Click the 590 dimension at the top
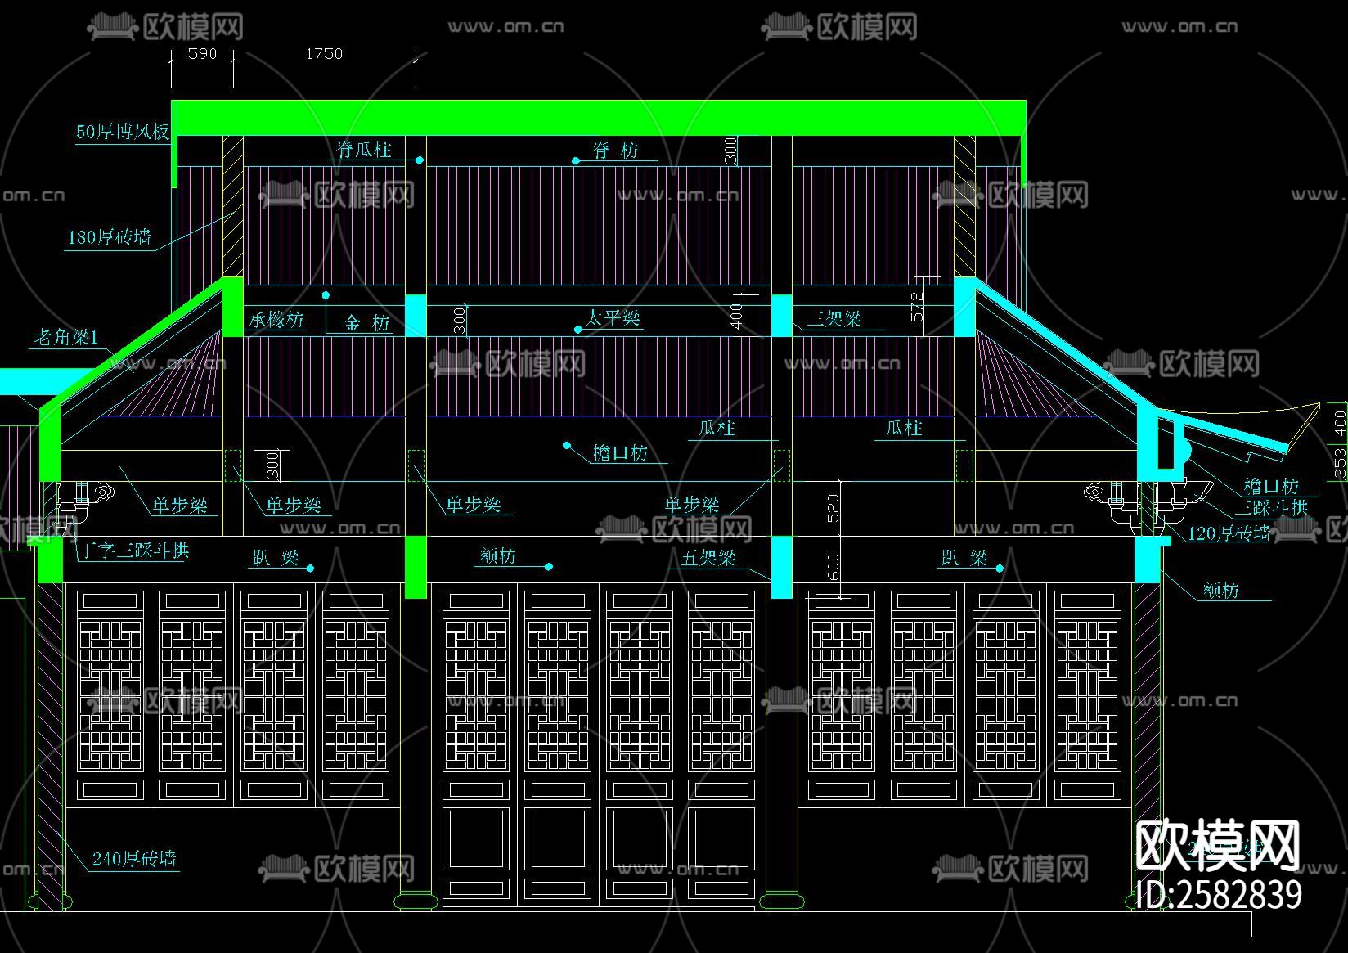click(x=202, y=53)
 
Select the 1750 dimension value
click(x=324, y=53)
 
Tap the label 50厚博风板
click(x=123, y=132)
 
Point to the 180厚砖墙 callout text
click(x=110, y=237)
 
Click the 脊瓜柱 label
click(x=365, y=150)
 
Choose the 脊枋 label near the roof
click(x=616, y=151)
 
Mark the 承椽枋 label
click(x=276, y=321)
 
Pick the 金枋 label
click(x=366, y=323)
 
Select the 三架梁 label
click(x=834, y=319)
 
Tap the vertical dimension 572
click(x=917, y=306)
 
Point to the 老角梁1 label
click(x=65, y=337)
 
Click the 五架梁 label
click(x=708, y=559)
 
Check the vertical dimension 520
click(x=834, y=508)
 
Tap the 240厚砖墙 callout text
click(x=134, y=859)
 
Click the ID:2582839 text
click(x=1219, y=894)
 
